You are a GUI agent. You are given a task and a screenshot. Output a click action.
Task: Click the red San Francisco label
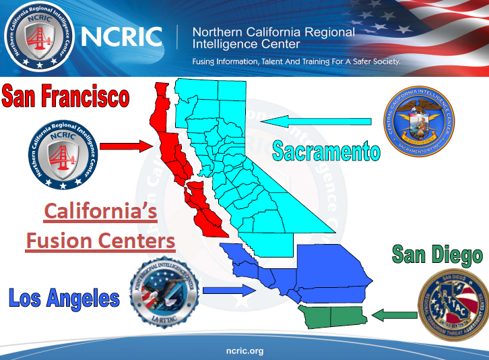coord(65,96)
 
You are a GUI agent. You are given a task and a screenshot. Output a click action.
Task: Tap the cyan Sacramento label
coord(325,151)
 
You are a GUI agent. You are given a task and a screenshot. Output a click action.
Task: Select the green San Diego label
coord(437,255)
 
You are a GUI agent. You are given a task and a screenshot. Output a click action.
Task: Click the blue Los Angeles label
coord(64,297)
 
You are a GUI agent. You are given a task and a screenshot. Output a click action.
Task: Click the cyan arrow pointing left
coord(317,122)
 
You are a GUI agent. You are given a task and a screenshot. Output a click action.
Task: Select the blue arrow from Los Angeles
coord(229,291)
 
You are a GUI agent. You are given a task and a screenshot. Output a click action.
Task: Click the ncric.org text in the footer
coord(244,351)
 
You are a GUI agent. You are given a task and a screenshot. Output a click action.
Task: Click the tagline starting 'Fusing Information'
coord(296,61)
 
